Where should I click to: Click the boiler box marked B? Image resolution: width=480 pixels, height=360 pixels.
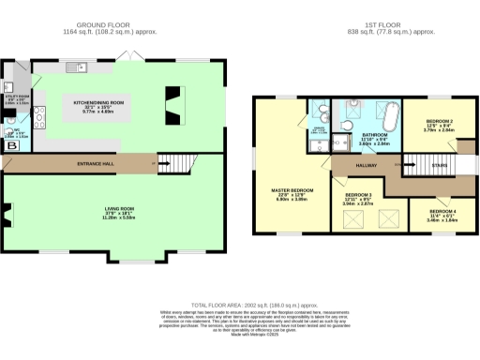pyautogui.click(x=12, y=146)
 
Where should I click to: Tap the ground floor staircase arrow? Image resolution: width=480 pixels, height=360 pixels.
pyautogui.click(x=155, y=165)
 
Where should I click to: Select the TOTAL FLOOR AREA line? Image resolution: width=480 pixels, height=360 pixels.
pyautogui.click(x=240, y=306)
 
